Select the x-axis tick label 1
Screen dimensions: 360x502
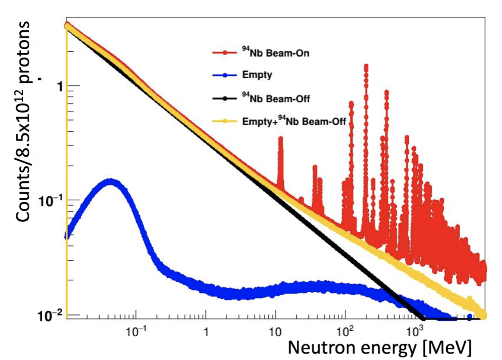(206, 331)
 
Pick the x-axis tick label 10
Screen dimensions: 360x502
(275, 331)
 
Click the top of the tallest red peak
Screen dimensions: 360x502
(366, 66)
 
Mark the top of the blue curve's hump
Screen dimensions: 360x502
(110, 181)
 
